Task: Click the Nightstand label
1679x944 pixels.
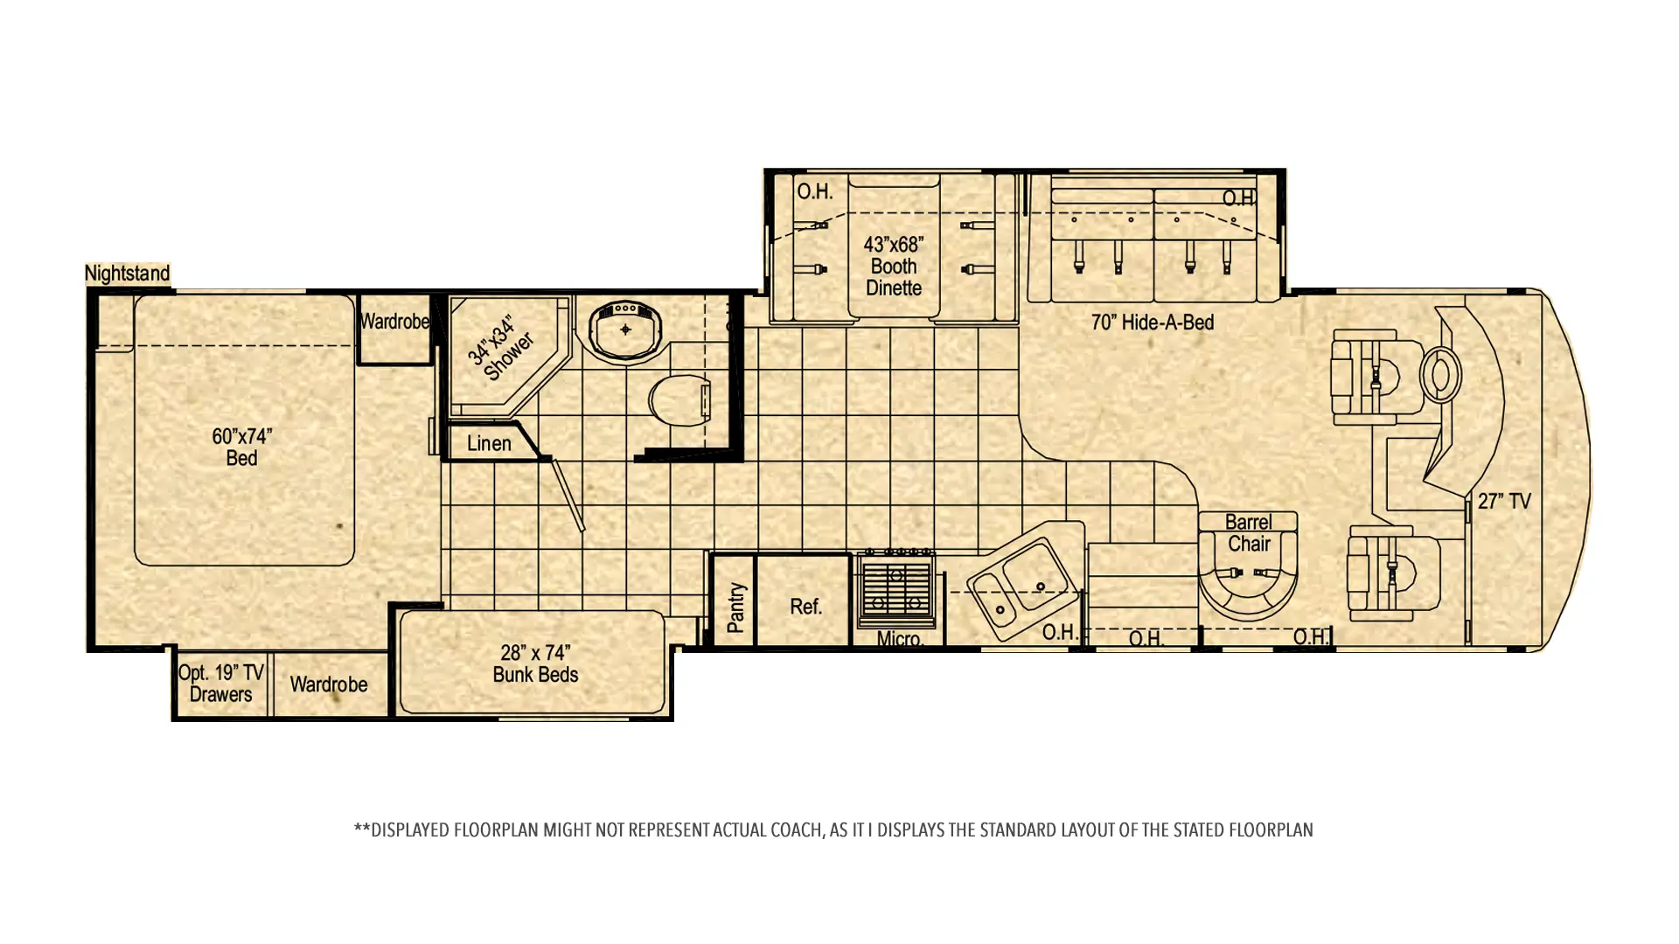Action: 128,274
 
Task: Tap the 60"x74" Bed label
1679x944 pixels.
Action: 242,447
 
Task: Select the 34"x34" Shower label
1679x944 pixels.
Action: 500,348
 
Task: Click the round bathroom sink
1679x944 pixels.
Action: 625,330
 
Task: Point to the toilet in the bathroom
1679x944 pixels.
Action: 679,400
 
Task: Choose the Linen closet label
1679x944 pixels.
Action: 489,443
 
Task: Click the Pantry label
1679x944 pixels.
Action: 735,607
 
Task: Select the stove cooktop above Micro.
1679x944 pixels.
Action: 897,587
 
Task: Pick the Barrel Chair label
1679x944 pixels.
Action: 1248,533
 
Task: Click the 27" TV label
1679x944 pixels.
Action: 1504,502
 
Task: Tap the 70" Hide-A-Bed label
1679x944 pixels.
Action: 1153,323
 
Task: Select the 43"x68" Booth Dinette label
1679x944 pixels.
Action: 894,266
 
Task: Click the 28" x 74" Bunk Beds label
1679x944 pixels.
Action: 535,663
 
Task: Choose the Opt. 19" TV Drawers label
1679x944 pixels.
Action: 220,684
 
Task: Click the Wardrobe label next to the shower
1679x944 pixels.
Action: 394,322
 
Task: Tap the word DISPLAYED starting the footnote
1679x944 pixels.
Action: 411,829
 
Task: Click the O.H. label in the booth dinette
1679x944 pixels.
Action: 814,191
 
